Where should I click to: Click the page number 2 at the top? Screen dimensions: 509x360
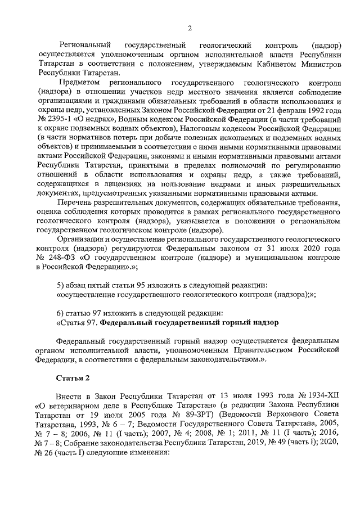[x=190, y=28]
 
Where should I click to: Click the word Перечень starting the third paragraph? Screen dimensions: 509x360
[x=75, y=202]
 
